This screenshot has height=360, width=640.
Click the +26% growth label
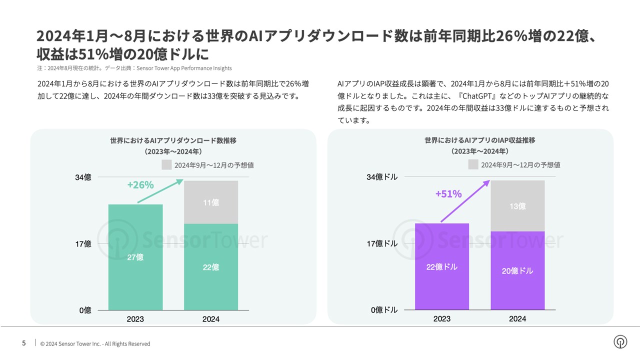140,185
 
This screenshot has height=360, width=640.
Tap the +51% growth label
448,194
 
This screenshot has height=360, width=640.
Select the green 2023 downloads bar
135,257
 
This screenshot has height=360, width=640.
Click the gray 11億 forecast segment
211,202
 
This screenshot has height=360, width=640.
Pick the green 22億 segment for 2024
211,267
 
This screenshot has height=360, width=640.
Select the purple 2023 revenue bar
442,266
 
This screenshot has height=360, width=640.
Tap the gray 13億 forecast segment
517,206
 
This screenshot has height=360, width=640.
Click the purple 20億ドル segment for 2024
517,270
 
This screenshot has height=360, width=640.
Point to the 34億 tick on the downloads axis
83,177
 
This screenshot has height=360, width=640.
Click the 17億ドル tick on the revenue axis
382,243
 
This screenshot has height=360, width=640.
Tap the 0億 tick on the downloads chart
85,310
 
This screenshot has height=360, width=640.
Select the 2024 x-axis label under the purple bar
517,319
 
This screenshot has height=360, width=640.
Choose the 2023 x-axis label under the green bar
135,319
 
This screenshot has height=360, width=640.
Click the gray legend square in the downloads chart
166,165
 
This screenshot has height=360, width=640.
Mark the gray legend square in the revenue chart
473,164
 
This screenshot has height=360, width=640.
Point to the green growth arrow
160,192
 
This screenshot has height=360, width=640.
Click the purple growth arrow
465,201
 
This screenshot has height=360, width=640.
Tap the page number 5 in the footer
24,343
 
